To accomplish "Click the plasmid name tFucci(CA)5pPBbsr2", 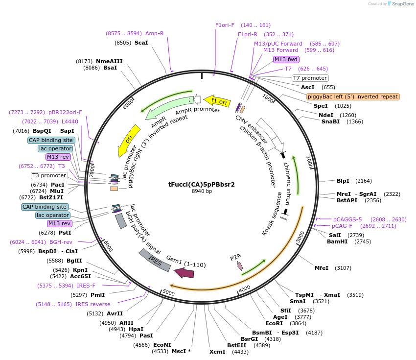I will click(202, 185).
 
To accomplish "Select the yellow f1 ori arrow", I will click(217, 101).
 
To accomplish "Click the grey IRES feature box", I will click(155, 260).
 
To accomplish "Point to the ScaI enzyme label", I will click(141, 43).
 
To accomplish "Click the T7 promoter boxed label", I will click(310, 78).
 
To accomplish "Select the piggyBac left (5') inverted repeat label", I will click(353, 96).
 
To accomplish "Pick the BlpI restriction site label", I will click(343, 181).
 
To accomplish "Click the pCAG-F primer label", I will click(343, 226).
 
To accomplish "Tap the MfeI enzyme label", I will click(322, 268).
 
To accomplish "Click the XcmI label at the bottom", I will click(217, 352).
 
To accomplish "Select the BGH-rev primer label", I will click(61, 242).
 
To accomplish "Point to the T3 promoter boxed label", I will click(49, 175).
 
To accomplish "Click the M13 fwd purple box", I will click(286, 59).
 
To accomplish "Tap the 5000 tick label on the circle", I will click(169, 292).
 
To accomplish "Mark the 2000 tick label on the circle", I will click(309, 162).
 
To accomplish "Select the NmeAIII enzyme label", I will click(109, 61).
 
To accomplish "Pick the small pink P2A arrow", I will click(240, 265).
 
